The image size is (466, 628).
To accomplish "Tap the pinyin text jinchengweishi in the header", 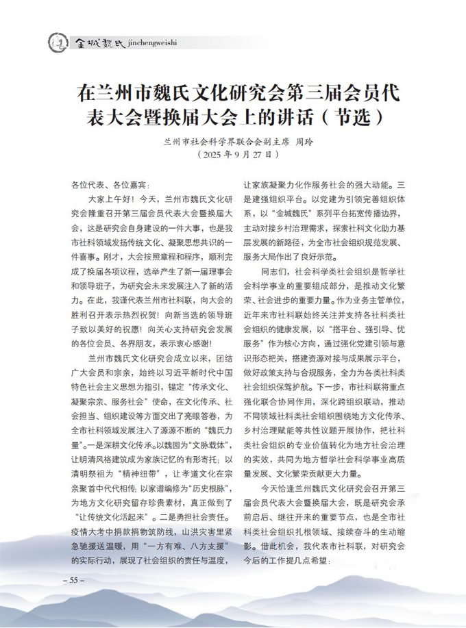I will click(x=151, y=42).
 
